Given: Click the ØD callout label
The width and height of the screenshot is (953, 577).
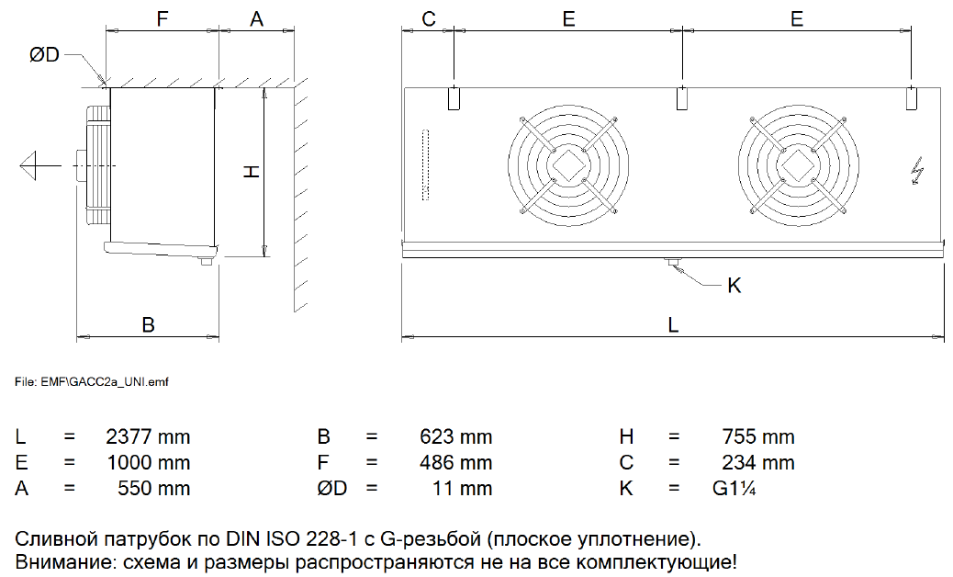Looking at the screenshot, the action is pyautogui.click(x=44, y=55).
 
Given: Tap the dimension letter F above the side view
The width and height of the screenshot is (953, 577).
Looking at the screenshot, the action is pyautogui.click(x=162, y=19).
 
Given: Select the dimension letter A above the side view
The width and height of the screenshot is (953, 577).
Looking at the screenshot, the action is pyautogui.click(x=256, y=19).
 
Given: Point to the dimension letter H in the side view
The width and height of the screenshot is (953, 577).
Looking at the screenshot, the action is pyautogui.click(x=252, y=172).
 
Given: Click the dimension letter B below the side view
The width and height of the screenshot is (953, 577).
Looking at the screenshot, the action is pyautogui.click(x=148, y=324).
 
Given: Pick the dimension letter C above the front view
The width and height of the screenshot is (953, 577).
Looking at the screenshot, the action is pyautogui.click(x=429, y=19).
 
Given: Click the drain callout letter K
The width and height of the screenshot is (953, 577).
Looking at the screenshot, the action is pyautogui.click(x=734, y=285).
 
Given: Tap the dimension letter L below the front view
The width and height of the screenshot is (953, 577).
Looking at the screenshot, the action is pyautogui.click(x=673, y=324).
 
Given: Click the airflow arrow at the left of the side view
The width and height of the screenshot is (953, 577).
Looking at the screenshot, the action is pyautogui.click(x=40, y=165).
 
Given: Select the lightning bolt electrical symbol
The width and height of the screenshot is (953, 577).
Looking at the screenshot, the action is pyautogui.click(x=917, y=171).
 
